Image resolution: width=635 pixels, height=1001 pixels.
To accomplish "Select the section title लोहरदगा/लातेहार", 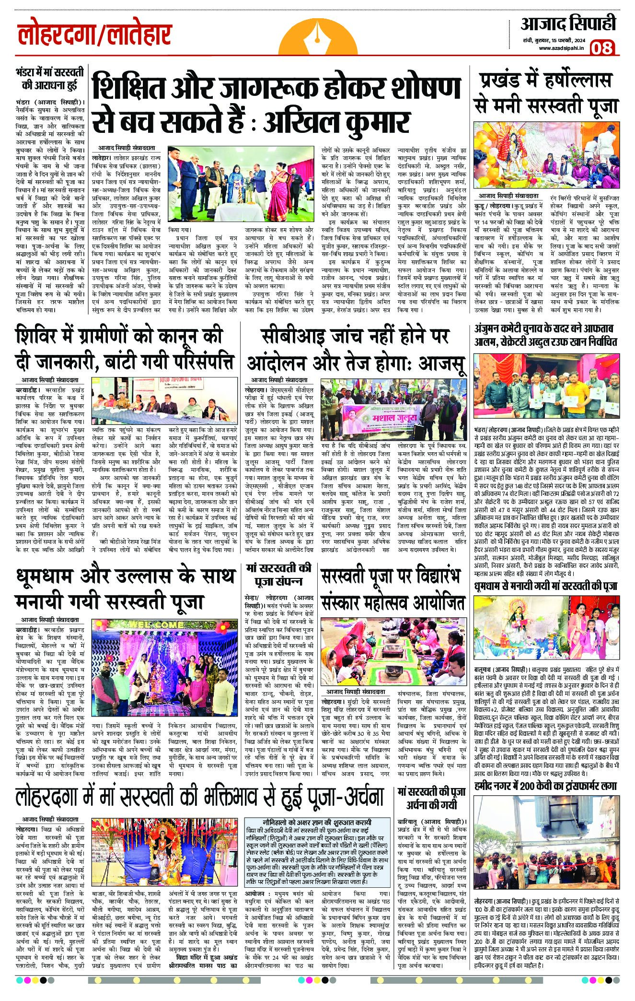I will click(94, 36).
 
